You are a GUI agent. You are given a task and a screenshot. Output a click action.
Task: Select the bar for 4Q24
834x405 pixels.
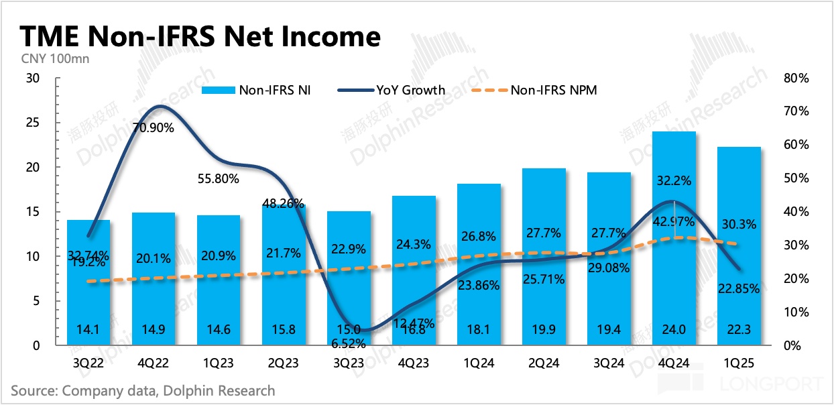pos(673,241)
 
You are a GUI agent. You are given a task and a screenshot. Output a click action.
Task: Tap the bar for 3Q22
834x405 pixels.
pos(88,282)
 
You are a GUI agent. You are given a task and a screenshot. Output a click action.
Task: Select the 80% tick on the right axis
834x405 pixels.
pos(796,78)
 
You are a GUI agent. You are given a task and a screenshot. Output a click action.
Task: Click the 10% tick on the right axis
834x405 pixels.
pos(796,312)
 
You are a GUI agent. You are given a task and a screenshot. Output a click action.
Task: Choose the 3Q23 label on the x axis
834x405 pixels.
pos(348,365)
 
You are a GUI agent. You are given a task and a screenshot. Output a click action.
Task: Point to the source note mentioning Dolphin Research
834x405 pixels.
pos(143,390)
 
